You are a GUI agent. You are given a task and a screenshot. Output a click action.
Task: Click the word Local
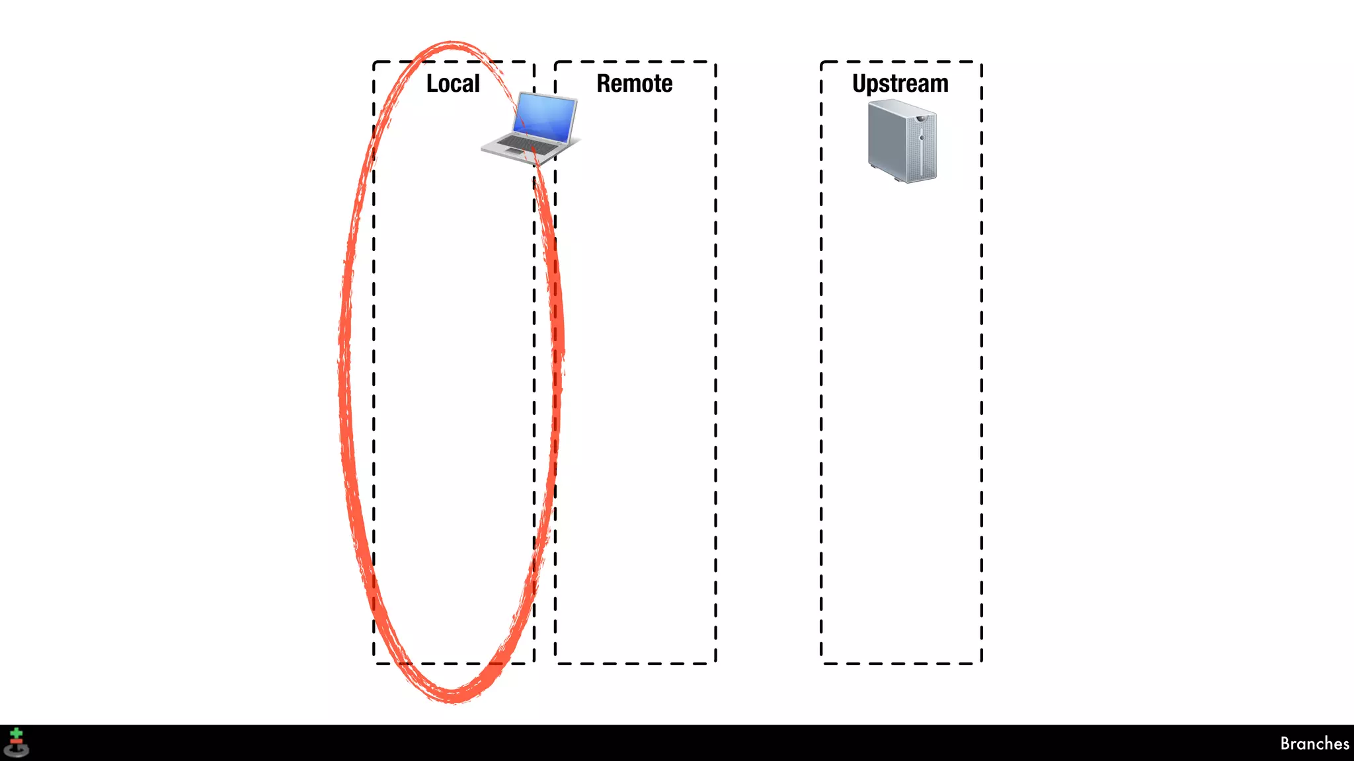click(453, 84)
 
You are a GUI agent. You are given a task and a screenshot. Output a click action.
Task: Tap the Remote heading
click(634, 84)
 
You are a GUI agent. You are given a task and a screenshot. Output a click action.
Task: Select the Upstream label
click(900, 84)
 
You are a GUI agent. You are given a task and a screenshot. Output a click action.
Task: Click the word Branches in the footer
click(1314, 744)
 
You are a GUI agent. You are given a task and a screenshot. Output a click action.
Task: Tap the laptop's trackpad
click(514, 153)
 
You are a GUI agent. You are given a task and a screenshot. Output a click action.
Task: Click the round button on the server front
click(922, 137)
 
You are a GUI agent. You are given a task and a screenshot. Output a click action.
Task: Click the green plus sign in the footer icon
click(17, 733)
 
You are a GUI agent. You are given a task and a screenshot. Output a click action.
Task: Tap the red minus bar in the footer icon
click(17, 741)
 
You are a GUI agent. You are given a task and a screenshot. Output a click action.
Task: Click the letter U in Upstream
click(859, 83)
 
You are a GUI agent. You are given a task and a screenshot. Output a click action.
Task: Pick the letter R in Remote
click(604, 84)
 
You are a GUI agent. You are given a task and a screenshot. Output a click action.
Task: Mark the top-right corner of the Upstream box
click(981, 62)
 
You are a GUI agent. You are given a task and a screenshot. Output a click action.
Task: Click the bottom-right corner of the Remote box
click(715, 663)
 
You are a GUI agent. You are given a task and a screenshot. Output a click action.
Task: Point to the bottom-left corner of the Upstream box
click(822, 663)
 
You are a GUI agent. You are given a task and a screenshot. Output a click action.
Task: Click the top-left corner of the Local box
click(374, 62)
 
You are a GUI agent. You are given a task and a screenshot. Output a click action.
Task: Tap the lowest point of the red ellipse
click(453, 700)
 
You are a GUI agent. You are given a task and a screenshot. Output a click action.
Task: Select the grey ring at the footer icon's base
click(17, 751)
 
